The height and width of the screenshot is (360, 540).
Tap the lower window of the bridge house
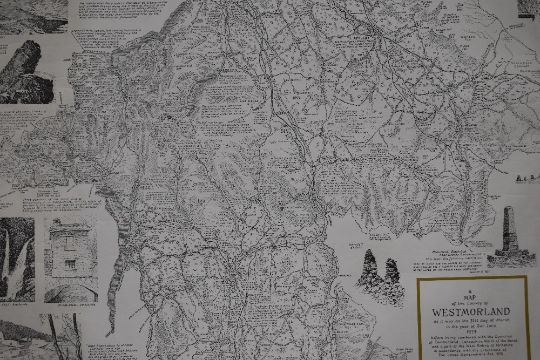coord(69,265)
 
